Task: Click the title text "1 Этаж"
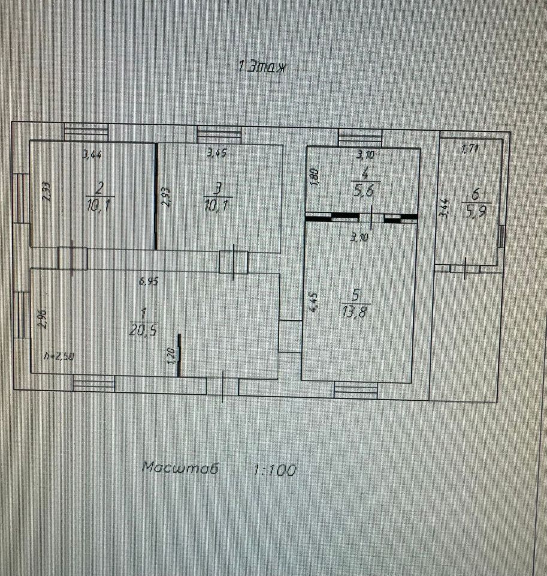tap(264, 67)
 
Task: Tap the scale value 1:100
tap(275, 470)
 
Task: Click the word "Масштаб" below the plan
tap(180, 468)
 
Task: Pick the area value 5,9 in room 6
tap(476, 211)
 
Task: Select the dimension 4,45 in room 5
tap(313, 301)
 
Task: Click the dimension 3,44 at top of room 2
tap(92, 154)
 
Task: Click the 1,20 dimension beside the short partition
tap(171, 356)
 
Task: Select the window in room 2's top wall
tap(86, 133)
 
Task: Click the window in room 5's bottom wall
tap(356, 389)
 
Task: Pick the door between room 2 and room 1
tap(72, 259)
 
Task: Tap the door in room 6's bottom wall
tap(466, 266)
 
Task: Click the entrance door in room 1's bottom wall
tap(222, 386)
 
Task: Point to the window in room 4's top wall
tap(359, 137)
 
